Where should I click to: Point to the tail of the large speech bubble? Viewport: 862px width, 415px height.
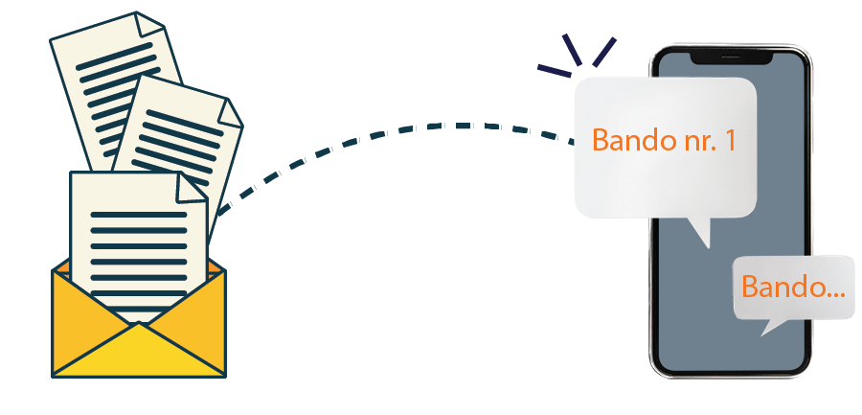[x=701, y=230]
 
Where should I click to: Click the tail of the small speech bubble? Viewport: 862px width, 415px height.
[x=769, y=327]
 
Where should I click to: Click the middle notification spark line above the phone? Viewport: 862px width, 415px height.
[x=573, y=50]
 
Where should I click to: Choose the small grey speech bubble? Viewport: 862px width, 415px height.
[x=793, y=288]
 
